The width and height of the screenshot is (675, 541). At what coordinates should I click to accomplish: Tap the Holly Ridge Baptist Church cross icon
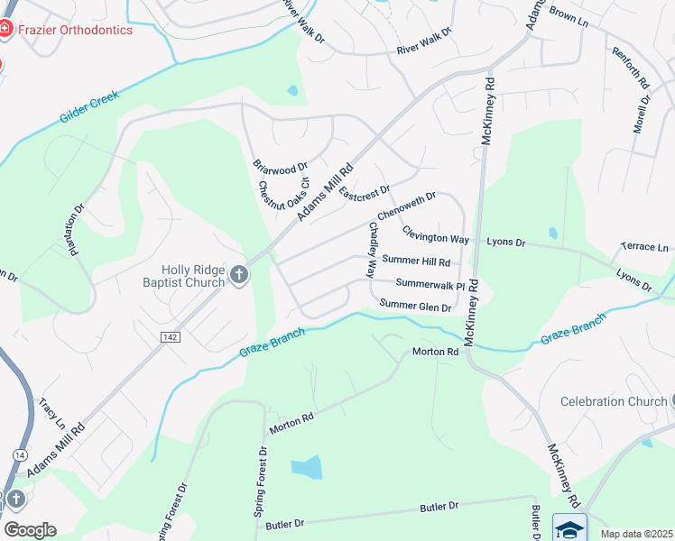[239, 275]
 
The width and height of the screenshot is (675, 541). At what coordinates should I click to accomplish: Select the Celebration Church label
[613, 401]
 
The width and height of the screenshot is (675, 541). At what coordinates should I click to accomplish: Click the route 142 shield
[169, 335]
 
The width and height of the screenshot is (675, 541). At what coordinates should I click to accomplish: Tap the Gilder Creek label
[90, 105]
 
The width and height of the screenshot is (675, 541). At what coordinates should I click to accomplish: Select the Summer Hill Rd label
[416, 261]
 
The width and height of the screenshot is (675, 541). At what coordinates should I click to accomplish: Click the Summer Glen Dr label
[415, 307]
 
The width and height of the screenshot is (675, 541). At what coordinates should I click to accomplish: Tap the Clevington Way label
[436, 234]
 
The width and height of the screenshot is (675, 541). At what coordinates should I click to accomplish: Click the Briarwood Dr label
[280, 166]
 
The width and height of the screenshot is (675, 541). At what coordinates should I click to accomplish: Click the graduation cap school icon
[569, 527]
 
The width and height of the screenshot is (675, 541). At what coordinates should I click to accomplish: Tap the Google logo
[30, 529]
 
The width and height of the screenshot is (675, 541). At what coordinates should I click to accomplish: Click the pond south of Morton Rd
[307, 467]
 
